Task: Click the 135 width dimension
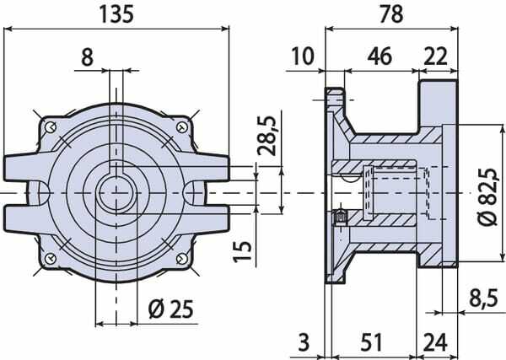coord(116,14)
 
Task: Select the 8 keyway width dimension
coord(87,57)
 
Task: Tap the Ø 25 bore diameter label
coord(170,309)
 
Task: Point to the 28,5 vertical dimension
coord(267,136)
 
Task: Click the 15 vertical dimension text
coord(242,251)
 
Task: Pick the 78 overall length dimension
coord(391,14)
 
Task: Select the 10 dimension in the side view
coord(303,56)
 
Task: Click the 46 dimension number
coord(379,56)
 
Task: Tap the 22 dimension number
coord(436,56)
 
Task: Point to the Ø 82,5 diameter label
coord(487,196)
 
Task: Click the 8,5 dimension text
coord(483,298)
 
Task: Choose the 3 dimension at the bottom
coord(304,342)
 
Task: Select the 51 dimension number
coord(371,342)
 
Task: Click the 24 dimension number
coord(435,342)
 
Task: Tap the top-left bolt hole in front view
coord(51,127)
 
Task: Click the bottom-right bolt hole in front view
coord(182,258)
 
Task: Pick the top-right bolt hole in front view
coord(182,127)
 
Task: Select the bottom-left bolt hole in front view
coord(50,258)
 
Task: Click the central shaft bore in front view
coord(116,193)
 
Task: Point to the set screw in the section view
coord(340,217)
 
